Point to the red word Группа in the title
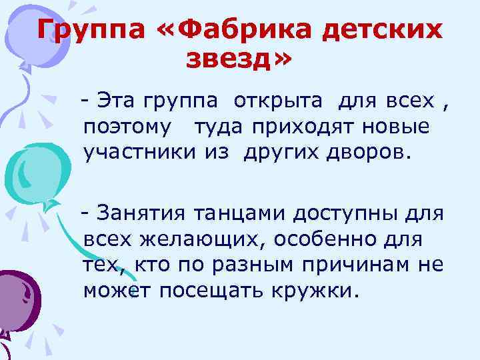[79, 30]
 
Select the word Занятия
[141, 213]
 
